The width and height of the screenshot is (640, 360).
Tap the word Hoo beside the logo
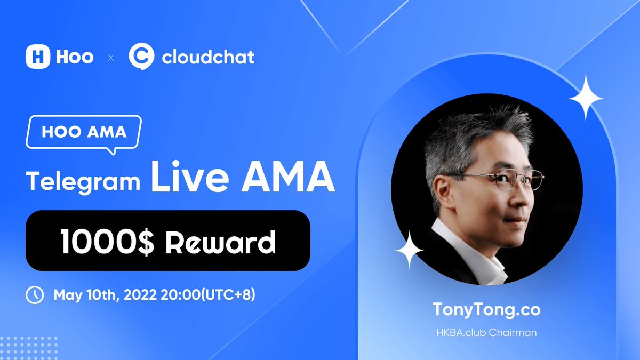[x=75, y=57]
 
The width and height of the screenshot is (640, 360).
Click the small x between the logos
[x=111, y=58]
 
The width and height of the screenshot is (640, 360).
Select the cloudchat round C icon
[x=141, y=57]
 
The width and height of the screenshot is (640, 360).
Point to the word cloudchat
[x=208, y=57]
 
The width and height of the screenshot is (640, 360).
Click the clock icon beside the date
[x=35, y=295]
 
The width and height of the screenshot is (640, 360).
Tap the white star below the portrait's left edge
[x=409, y=250]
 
